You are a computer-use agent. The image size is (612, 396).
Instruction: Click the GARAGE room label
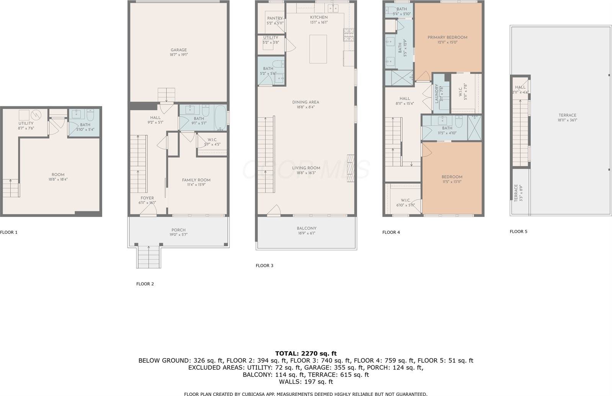(178, 50)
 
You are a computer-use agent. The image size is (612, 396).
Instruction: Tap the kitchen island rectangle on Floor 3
(318, 49)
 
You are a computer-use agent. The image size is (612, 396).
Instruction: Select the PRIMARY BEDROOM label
(447, 37)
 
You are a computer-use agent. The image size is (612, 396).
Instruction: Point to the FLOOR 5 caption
(518, 231)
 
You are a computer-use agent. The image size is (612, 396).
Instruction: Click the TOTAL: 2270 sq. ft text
(306, 353)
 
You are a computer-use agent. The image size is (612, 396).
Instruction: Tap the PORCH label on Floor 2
(178, 230)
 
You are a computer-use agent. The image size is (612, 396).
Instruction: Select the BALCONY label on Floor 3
(307, 228)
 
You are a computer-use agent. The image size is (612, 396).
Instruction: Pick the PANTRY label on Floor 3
(275, 18)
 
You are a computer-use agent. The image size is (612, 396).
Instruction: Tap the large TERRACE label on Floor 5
(567, 115)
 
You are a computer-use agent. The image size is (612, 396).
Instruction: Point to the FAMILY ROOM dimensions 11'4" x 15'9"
(196, 185)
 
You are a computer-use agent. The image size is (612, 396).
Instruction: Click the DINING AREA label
(305, 102)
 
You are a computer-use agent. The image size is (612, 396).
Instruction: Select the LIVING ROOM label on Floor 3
(306, 168)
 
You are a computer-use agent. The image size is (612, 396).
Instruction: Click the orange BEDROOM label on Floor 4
(452, 177)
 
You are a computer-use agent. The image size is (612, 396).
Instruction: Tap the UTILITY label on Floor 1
(26, 124)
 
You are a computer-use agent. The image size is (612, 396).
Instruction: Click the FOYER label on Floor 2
(147, 198)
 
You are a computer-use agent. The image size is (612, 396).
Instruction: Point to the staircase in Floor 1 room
(11, 188)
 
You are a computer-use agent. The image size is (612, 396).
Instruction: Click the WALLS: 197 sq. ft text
(306, 381)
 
